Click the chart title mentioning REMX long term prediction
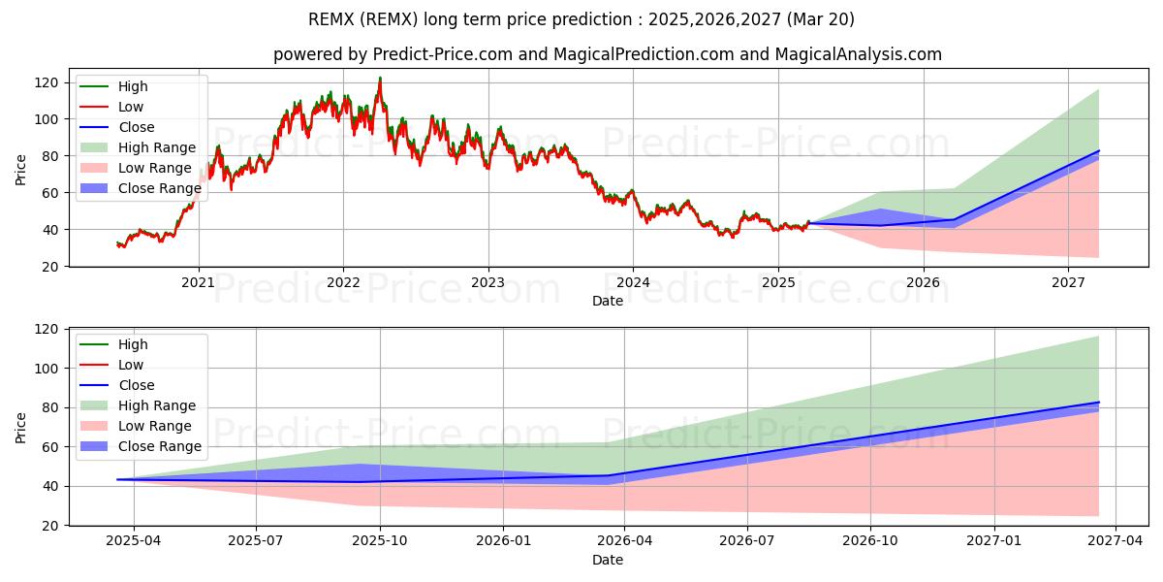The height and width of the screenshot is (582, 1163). tap(581, 19)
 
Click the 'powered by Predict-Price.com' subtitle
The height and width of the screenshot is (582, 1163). tap(607, 54)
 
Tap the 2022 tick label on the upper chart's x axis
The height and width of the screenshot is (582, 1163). tap(343, 282)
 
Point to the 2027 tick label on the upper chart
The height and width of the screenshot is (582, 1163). tap(1068, 282)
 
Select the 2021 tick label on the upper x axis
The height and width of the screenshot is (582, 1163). tap(199, 282)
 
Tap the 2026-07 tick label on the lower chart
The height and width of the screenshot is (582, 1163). tap(748, 541)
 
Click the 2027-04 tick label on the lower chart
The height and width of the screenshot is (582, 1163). tap(1116, 541)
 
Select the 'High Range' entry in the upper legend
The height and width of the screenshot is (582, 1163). tap(157, 147)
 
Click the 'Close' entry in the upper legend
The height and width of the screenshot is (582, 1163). tap(137, 127)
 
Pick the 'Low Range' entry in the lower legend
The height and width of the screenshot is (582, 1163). tap(155, 426)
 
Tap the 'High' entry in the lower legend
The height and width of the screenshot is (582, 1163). tap(133, 344)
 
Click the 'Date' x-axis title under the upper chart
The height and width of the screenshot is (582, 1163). tap(608, 301)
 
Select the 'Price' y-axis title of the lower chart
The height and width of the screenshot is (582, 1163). tap(21, 427)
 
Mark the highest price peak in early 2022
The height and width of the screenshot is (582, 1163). tap(380, 78)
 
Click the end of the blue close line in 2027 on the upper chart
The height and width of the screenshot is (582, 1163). tap(1099, 151)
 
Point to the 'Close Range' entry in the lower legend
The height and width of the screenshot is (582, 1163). tap(160, 446)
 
